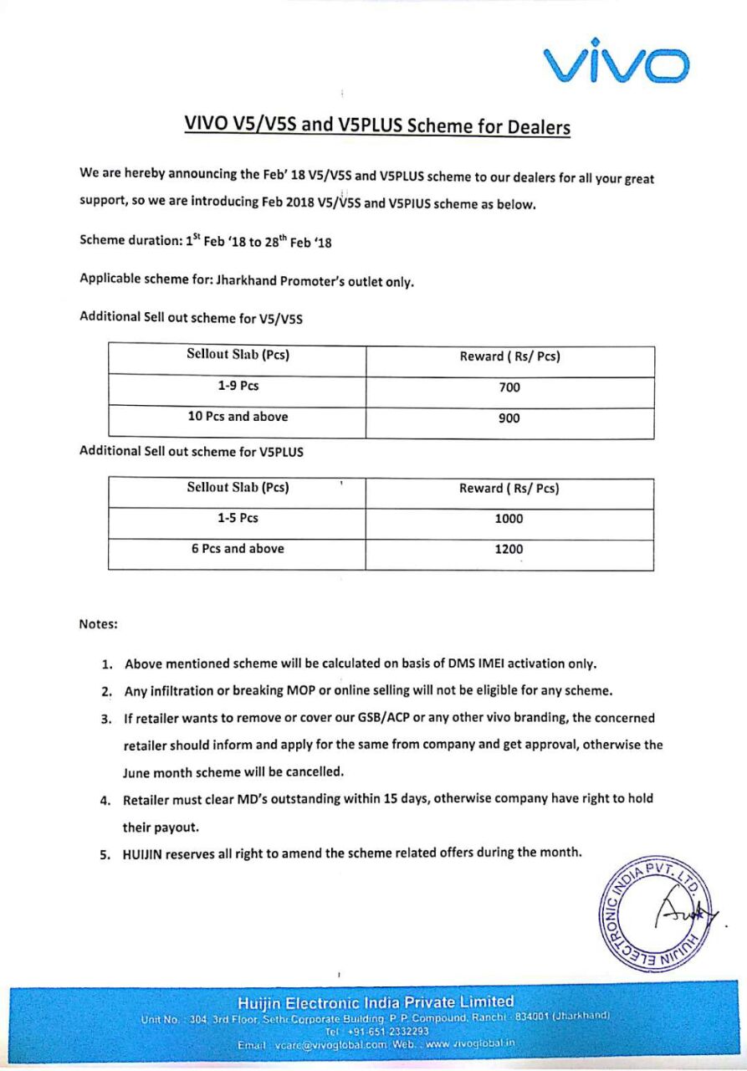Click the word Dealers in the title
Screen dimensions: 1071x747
pos(535,127)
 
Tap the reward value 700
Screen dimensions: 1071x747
pos(509,387)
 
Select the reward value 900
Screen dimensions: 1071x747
pos(509,418)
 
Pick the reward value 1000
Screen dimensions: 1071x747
pos(509,519)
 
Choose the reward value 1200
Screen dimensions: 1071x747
pos(509,550)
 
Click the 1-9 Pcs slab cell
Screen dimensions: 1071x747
pos(238,387)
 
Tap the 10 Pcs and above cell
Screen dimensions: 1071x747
pos(238,417)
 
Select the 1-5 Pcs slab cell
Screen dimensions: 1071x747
pos(238,518)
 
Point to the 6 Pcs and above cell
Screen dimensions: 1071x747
pos(238,549)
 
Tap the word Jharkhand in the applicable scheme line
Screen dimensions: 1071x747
pos(250,281)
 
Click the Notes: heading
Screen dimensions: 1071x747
pos(99,624)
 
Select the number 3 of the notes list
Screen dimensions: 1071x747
pos(106,719)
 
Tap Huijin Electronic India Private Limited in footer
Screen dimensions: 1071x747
pos(376,1002)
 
